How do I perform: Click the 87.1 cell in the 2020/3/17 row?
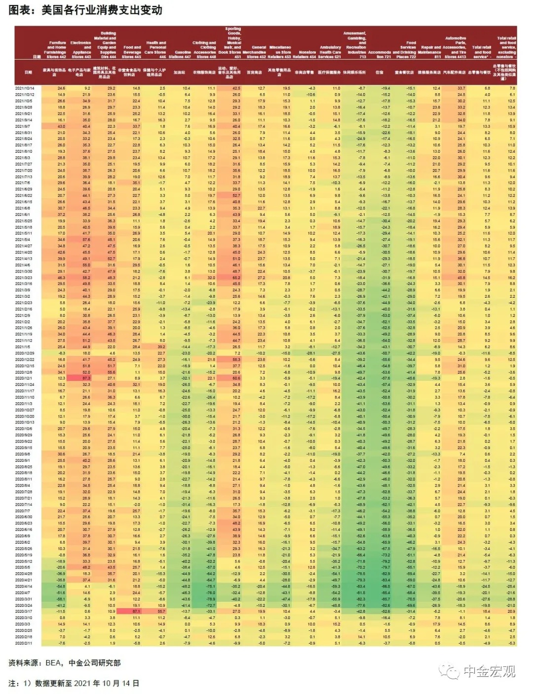[x=136, y=611]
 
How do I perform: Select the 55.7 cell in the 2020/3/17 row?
[x=161, y=611]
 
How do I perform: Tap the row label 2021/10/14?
[x=24, y=88]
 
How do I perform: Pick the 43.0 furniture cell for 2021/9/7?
[x=61, y=127]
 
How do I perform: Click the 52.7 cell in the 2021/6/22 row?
[x=236, y=196]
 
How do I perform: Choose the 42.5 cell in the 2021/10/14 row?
[x=236, y=88]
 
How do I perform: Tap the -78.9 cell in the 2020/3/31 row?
[x=211, y=598]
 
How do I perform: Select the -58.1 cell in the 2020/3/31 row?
[x=61, y=598]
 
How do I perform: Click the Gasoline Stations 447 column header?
[x=183, y=54]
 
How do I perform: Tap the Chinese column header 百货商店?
[x=255, y=72]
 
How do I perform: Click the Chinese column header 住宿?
[x=379, y=72]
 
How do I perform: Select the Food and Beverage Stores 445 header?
[x=132, y=52]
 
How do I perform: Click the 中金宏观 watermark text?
[x=489, y=671]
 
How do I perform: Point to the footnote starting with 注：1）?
[x=74, y=684]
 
